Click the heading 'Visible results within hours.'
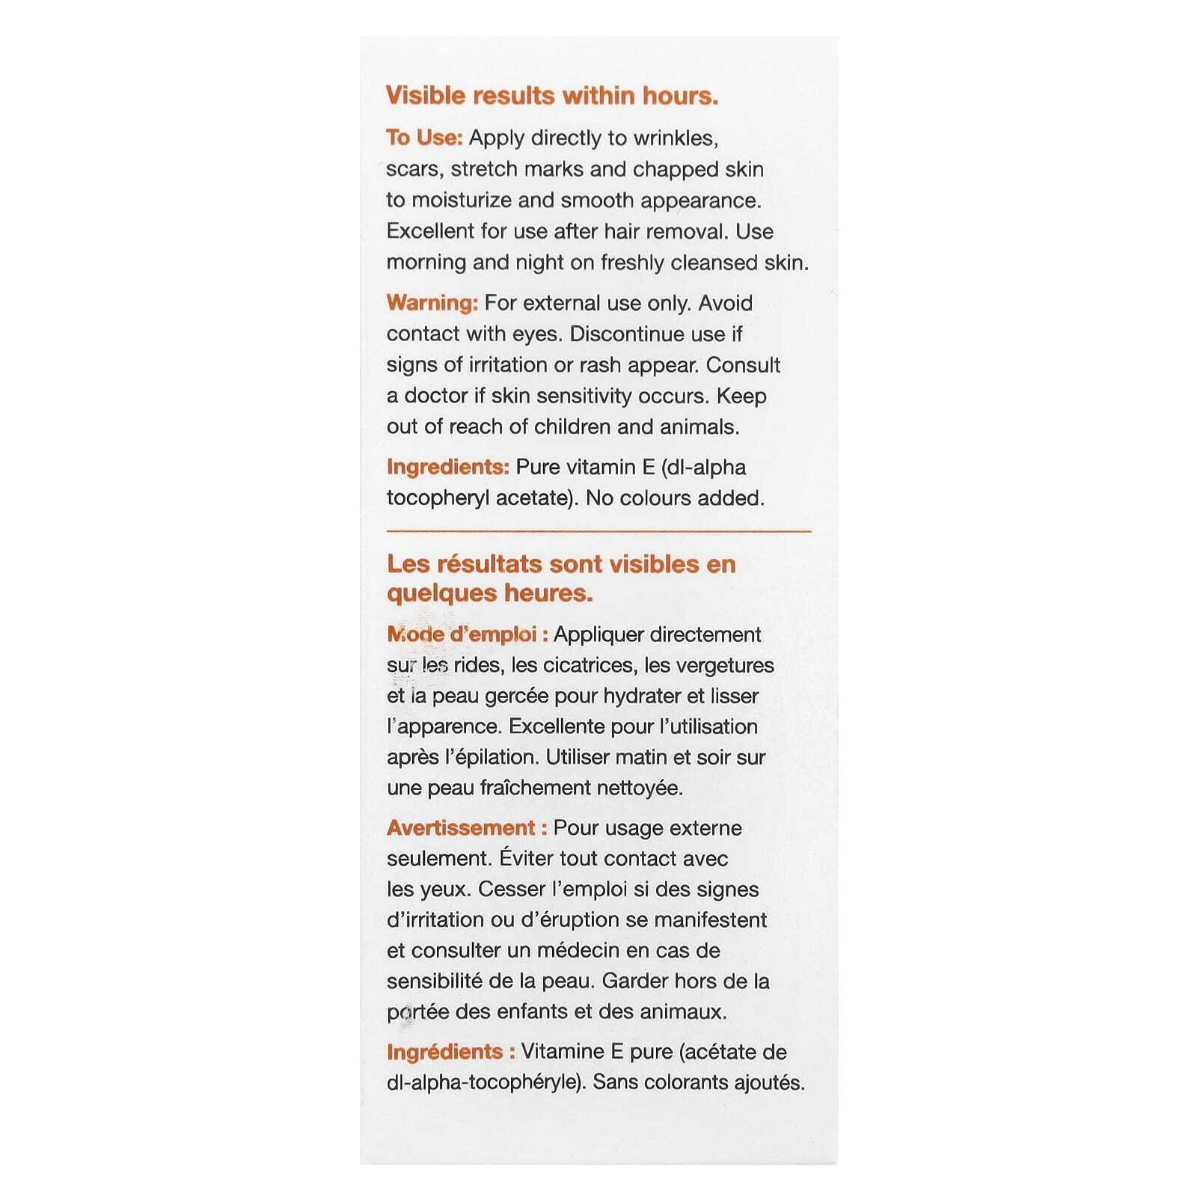[551, 96]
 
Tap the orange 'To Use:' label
[424, 138]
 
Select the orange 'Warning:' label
[432, 303]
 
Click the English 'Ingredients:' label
[447, 467]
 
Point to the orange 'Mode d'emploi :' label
[468, 634]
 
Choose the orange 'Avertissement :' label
[467, 828]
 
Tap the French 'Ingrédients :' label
[450, 1052]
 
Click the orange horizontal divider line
[598, 531]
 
